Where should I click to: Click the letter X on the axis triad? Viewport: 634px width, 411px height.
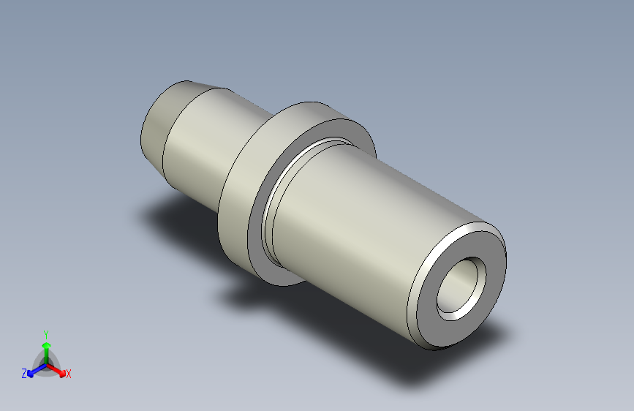(x=69, y=374)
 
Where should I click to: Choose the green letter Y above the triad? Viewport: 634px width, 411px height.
(x=45, y=333)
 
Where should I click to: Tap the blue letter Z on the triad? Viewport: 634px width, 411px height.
(x=24, y=373)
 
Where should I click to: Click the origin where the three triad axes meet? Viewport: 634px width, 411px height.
(x=45, y=363)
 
